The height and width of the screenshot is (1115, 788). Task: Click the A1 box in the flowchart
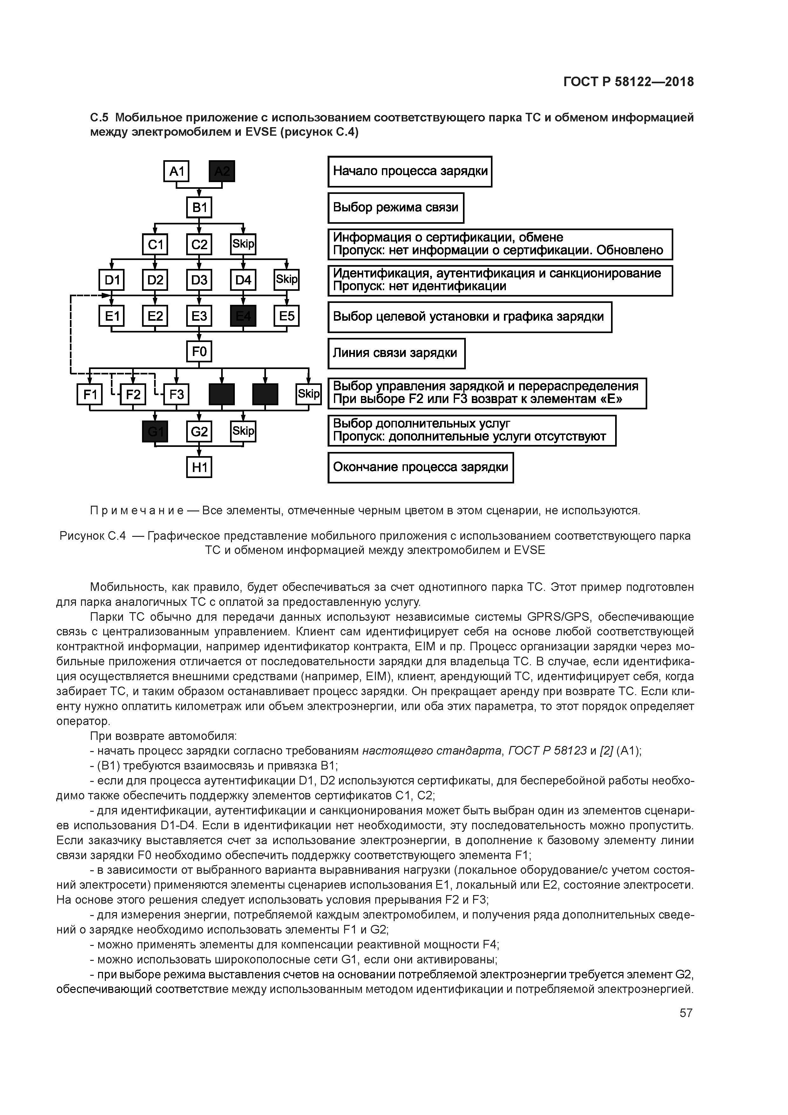click(x=176, y=171)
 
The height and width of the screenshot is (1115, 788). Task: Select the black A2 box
click(x=222, y=171)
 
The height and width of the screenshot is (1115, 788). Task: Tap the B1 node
click(x=199, y=208)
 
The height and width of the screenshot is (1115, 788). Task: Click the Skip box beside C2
click(x=243, y=244)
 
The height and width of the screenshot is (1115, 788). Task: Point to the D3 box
click(x=199, y=280)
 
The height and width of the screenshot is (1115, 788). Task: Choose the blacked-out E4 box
click(x=243, y=316)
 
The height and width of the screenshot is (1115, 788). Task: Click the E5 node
click(x=287, y=316)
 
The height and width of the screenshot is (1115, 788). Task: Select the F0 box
click(x=199, y=351)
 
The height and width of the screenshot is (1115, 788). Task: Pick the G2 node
click(x=199, y=431)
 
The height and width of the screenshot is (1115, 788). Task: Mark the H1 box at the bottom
click(x=199, y=467)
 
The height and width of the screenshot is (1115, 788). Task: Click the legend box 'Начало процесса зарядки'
click(x=410, y=171)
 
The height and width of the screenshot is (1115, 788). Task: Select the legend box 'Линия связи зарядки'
click(x=396, y=353)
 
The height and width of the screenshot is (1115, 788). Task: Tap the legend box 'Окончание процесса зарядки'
click(x=420, y=467)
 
